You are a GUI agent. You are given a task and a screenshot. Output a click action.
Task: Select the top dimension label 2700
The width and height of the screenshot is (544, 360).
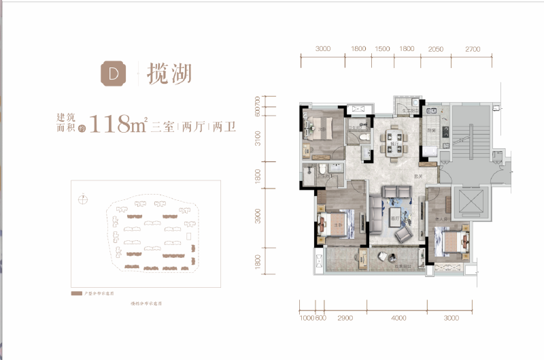tap(473, 49)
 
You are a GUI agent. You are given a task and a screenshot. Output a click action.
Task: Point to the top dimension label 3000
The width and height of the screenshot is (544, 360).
tap(323, 49)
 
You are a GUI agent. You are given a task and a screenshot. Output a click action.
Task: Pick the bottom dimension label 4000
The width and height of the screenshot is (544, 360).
tap(398, 318)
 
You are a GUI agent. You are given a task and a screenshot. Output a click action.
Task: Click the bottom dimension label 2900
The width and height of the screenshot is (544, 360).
tap(344, 318)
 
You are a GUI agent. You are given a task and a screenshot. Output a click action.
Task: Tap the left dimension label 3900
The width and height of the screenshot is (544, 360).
tap(258, 216)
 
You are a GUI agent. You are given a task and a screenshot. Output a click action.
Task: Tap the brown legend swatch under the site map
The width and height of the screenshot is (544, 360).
tap(75, 293)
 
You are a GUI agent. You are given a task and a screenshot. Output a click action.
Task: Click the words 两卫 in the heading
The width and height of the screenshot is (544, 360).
tap(224, 127)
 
